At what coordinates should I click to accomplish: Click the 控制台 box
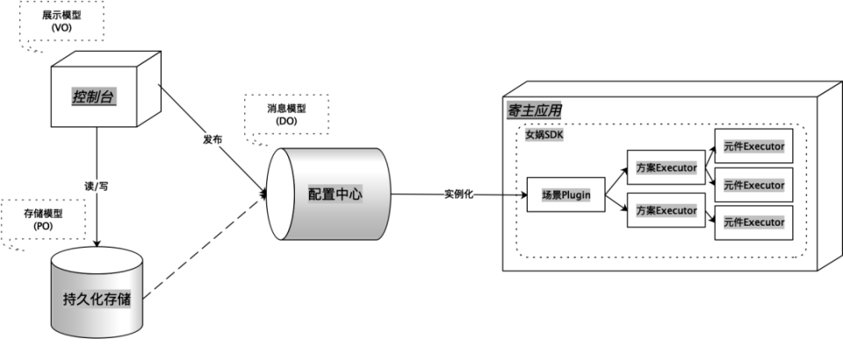coord(95,97)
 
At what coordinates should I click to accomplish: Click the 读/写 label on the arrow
coord(95,186)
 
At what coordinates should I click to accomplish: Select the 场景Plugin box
coord(566,195)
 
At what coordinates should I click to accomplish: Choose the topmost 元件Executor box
coord(754,146)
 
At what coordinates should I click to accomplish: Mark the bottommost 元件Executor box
coord(754,222)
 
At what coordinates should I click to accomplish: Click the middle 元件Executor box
coord(754,184)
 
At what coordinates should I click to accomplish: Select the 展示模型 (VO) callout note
coord(61,23)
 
